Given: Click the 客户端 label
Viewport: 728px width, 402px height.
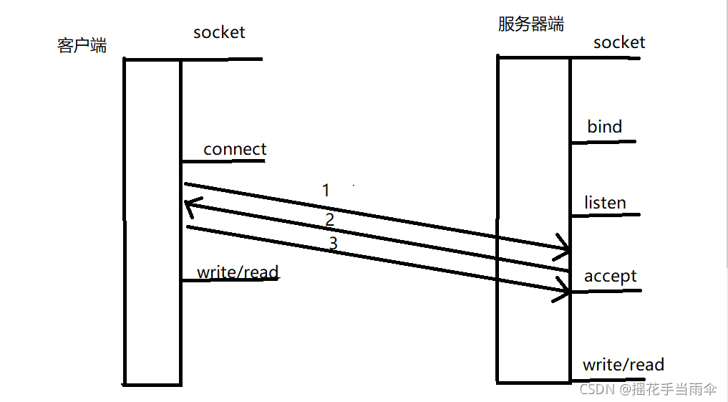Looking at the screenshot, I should (x=82, y=46).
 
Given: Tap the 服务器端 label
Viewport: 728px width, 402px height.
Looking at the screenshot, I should (x=530, y=24).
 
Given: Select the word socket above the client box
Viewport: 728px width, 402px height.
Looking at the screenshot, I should (x=219, y=32).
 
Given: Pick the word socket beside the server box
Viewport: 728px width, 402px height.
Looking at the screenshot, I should (x=619, y=42).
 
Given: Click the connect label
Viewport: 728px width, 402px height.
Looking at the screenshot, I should (x=235, y=149).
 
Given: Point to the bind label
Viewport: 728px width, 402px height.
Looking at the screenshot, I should (x=605, y=127).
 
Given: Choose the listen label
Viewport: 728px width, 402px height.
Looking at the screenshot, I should (x=605, y=203).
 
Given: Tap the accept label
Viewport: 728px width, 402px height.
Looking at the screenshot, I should (x=610, y=276).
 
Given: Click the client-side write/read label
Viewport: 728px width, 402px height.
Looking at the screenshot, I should (x=238, y=272).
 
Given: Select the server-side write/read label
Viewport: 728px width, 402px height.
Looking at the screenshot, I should (x=623, y=365).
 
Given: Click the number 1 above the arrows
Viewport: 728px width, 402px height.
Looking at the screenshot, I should (x=326, y=191).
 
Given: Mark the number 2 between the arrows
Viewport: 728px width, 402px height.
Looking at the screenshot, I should (x=329, y=219).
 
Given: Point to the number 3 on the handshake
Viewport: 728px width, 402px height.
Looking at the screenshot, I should (x=333, y=244).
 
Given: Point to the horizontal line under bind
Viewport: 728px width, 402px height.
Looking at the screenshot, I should (x=603, y=142).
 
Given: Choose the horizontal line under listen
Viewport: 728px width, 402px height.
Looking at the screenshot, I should (x=605, y=215).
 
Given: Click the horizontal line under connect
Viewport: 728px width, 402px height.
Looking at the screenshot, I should (x=223, y=161).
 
